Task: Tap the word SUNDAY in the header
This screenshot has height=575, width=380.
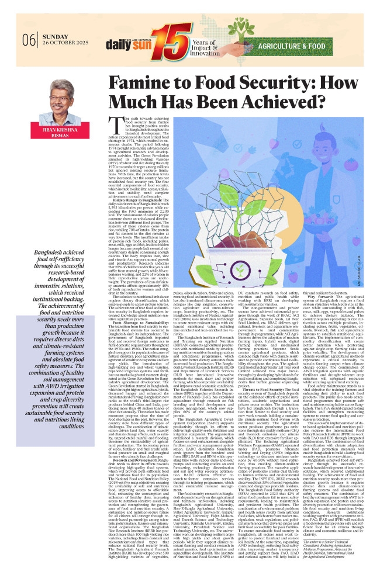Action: [51, 36]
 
